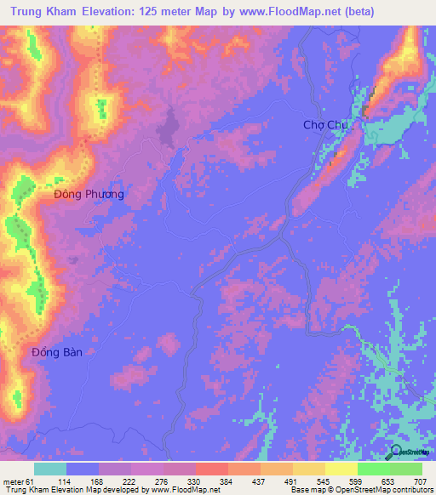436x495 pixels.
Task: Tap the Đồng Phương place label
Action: (89, 194)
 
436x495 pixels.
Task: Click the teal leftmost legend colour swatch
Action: (50, 469)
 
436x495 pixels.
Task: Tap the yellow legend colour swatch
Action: (341, 469)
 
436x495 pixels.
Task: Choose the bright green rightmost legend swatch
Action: (406, 469)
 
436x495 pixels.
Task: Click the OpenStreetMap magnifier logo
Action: (394, 451)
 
